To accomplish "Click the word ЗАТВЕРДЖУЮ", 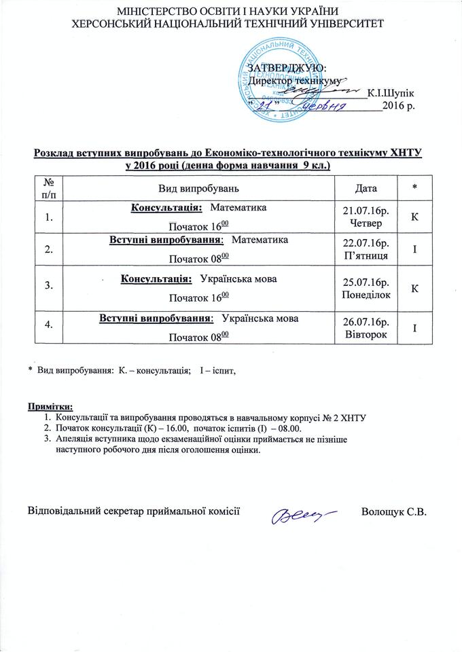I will pos(287,69).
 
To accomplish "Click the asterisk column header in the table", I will pos(414,187).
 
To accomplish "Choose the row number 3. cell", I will pos(48,286).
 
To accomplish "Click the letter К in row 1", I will pos(414,217).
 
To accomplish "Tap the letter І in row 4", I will pos(414,329).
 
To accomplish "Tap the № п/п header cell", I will pos(48,186).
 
